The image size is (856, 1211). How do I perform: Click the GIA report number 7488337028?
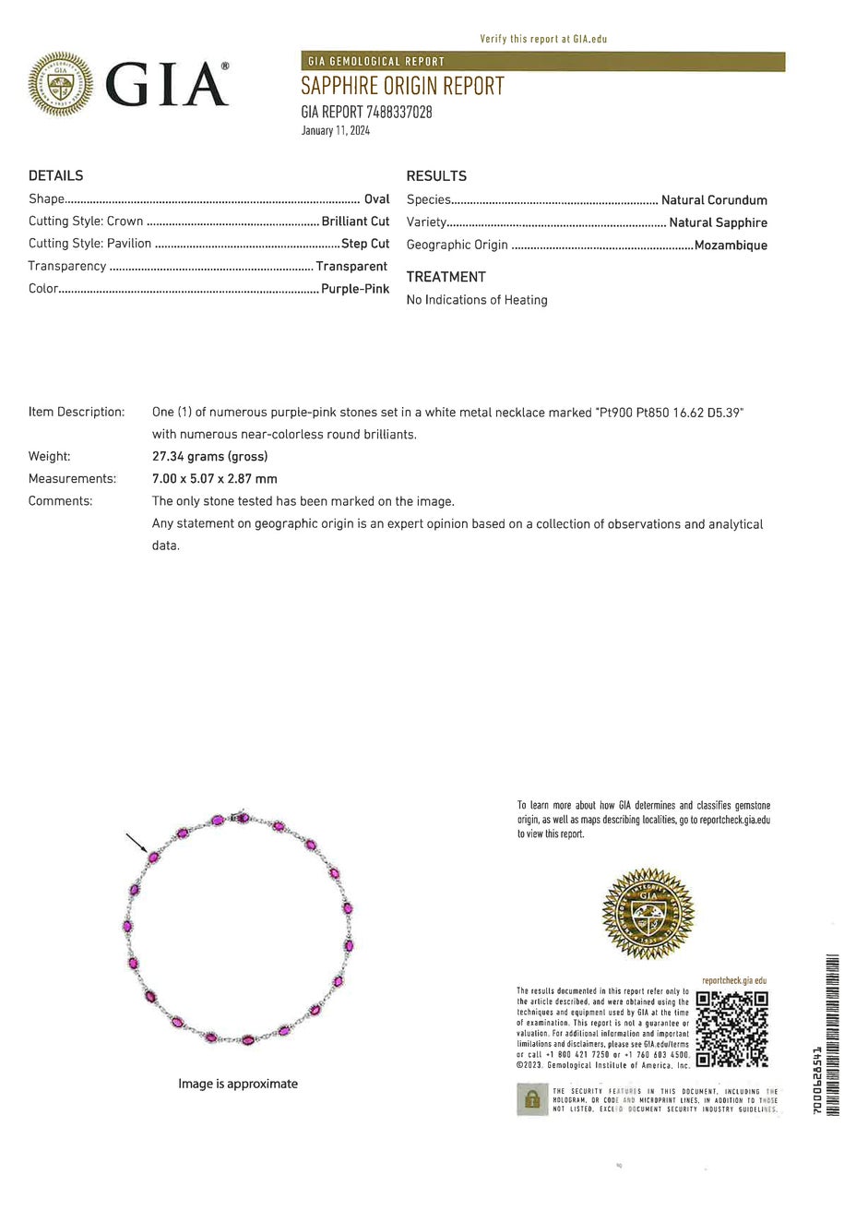tap(366, 113)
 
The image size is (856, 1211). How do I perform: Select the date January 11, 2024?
tap(335, 131)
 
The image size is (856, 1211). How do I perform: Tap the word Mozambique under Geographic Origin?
tap(731, 246)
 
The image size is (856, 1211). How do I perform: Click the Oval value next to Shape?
tap(377, 199)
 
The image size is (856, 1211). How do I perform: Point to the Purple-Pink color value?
tap(355, 289)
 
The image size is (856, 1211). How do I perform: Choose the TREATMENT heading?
tap(446, 277)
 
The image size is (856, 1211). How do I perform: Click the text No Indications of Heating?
tap(477, 300)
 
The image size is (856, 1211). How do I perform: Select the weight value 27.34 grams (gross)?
tap(209, 457)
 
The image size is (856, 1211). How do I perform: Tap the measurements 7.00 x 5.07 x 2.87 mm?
tap(215, 479)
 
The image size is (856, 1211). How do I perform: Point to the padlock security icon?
tap(531, 1099)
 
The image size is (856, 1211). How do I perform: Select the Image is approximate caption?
tap(238, 1084)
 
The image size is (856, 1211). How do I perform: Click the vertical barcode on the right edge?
tap(833, 1034)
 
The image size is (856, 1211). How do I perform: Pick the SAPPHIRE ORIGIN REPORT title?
tap(402, 87)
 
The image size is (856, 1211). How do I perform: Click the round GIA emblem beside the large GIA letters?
tap(61, 84)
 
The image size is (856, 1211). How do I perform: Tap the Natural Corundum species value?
tap(714, 200)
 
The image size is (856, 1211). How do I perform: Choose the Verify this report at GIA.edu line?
tap(543, 39)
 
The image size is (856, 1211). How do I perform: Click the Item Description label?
tap(77, 412)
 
